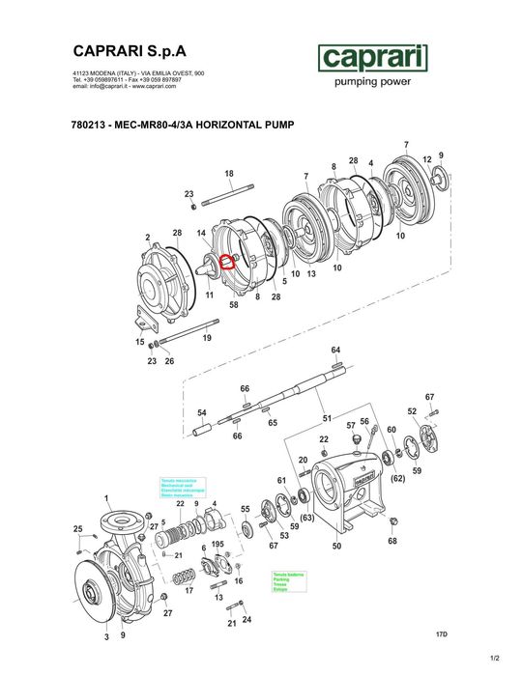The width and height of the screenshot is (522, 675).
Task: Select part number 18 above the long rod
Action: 229,174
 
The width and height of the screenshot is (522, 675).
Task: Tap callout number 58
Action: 233,304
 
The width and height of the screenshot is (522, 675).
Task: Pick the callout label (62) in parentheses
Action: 396,478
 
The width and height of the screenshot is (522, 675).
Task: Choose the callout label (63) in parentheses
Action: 308,519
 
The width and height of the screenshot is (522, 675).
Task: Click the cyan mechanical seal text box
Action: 178,488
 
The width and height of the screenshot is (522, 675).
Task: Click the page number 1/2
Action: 495,659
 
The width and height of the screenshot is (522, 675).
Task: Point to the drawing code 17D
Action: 443,633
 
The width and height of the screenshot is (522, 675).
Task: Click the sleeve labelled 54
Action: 203,424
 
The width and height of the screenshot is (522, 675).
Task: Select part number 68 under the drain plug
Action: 393,541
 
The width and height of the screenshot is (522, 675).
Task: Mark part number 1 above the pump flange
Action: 106,496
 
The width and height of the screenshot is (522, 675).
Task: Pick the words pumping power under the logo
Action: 372,83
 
